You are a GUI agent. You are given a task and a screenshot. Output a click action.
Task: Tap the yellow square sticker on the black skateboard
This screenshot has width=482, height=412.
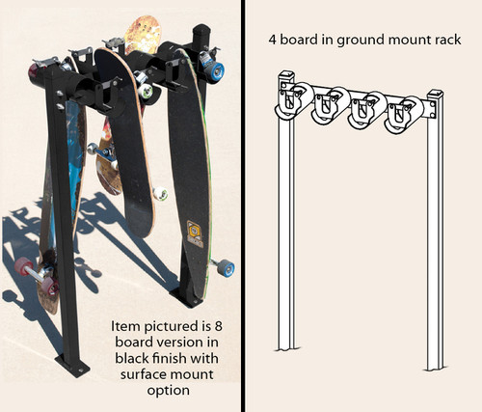pos(195,233)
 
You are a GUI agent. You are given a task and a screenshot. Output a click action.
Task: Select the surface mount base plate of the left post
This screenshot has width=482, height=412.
pos(73,367)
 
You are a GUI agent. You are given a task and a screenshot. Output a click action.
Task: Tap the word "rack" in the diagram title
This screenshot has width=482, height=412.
pos(442,41)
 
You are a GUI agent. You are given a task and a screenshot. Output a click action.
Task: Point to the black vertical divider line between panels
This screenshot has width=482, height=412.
pos(243,206)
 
